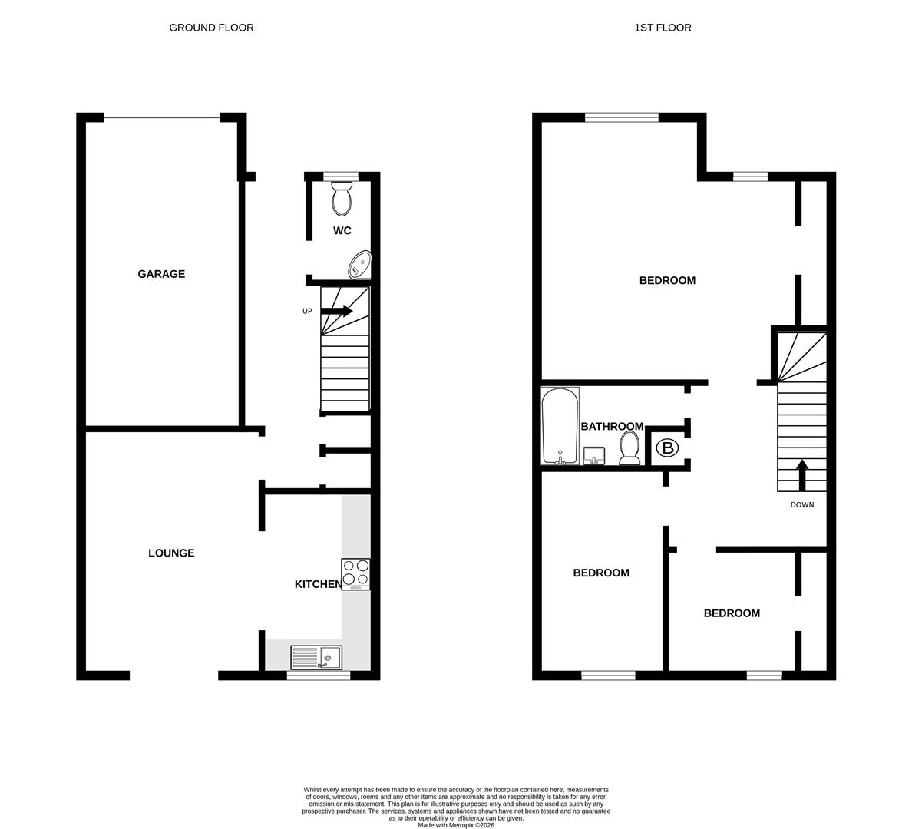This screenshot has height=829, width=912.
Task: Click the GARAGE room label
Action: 161,274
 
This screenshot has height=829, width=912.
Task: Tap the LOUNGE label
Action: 171,553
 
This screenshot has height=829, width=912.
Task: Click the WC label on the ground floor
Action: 342,230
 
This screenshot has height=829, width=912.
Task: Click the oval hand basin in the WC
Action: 359,266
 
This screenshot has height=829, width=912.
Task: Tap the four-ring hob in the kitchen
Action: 355,573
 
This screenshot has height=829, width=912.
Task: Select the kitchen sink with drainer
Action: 316,657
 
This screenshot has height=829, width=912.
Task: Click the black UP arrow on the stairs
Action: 336,311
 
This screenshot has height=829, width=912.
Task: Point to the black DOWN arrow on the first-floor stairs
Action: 802,475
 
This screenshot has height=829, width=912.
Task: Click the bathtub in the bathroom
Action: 560,426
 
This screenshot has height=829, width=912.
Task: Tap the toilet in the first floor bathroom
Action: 629,448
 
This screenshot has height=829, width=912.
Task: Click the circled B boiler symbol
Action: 666,448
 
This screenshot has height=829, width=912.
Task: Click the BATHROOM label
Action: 612,426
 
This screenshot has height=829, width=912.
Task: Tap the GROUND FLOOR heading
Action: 211,28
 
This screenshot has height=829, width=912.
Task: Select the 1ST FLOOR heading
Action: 663,28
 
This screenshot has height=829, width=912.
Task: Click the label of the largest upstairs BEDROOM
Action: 667,280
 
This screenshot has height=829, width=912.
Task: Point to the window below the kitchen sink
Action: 319,675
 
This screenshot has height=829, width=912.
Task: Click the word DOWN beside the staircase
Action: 802,504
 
